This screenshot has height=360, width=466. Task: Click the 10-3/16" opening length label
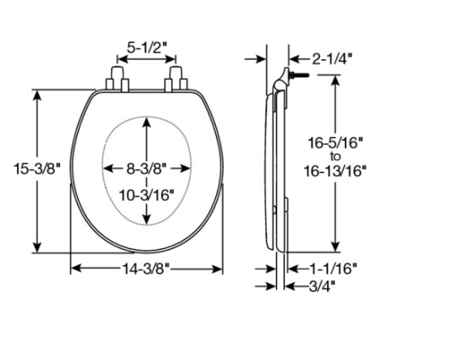(147, 194)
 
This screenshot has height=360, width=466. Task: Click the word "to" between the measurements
(335, 158)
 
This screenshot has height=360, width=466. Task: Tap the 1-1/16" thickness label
(333, 268)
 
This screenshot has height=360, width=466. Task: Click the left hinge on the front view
(117, 80)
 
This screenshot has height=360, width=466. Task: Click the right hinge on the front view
(177, 80)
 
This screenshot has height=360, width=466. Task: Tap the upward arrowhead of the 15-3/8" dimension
(38, 94)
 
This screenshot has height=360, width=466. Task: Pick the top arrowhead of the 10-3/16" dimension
(147, 120)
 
